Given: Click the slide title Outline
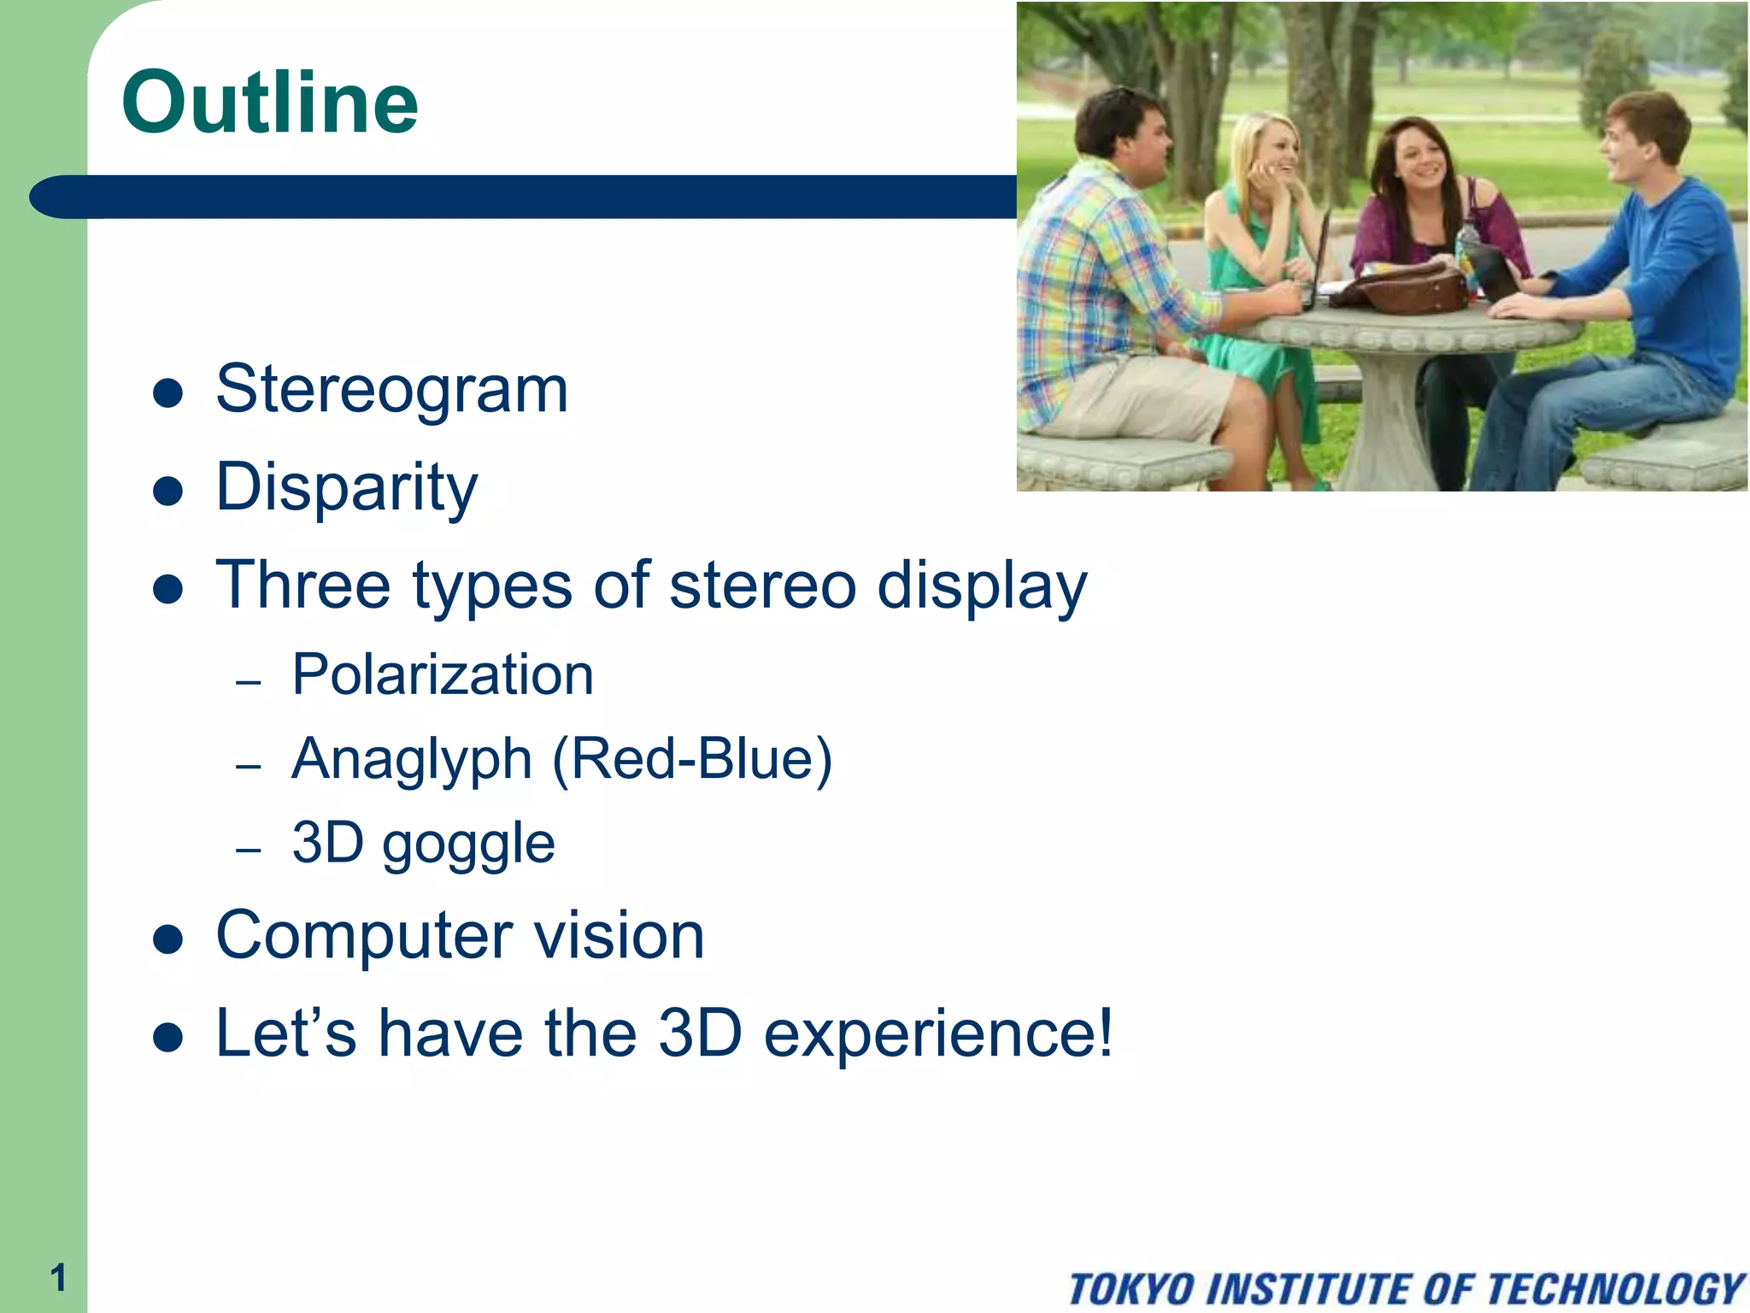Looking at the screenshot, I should click(270, 103).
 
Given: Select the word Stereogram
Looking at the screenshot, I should click(391, 389).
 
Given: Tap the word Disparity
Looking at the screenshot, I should click(346, 487).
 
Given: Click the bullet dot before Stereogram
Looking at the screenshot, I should click(168, 393).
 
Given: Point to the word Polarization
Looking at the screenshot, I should click(442, 675).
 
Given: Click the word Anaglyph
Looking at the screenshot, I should click(412, 759).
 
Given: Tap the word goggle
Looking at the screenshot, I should click(468, 845).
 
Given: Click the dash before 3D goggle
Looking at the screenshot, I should click(248, 850).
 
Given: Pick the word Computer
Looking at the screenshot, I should click(363, 935).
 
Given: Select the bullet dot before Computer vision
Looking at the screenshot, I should click(168, 939).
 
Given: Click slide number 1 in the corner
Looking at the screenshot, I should click(57, 1278).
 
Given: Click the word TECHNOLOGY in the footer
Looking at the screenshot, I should click(1615, 1289).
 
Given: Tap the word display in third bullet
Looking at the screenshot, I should click(983, 586).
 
